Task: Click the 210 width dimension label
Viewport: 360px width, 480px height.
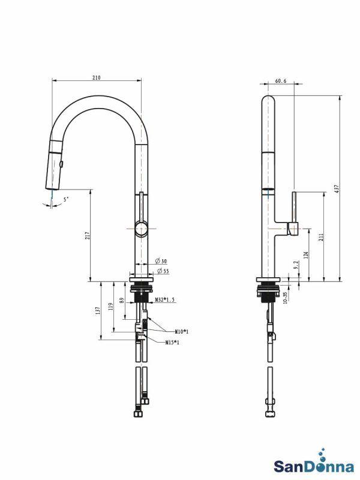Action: click(97, 77)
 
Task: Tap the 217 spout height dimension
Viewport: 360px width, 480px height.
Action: click(86, 236)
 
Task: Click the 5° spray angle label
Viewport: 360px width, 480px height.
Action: click(66, 199)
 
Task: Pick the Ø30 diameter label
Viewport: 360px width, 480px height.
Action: click(160, 261)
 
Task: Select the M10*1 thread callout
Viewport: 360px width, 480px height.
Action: click(182, 331)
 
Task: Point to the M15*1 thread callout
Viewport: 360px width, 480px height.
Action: click(173, 342)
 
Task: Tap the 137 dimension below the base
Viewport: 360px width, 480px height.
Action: click(97, 311)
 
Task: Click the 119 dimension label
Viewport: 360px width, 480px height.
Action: click(110, 307)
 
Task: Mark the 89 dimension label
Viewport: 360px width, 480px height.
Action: click(122, 300)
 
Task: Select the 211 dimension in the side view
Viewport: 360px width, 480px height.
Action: click(320, 237)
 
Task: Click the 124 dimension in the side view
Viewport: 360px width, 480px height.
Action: click(307, 254)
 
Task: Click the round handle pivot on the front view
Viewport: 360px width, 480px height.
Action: click(141, 229)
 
